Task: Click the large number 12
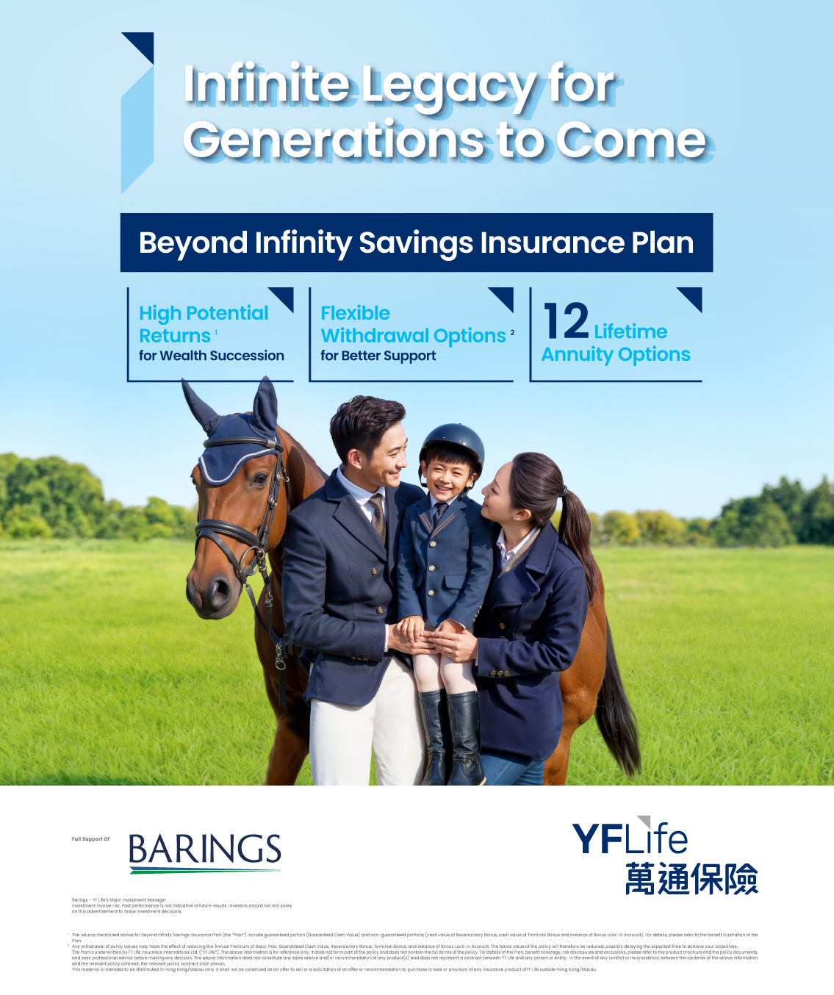[567, 322]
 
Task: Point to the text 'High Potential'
[204, 313]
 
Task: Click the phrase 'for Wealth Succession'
[212, 356]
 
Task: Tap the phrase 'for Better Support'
[378, 356]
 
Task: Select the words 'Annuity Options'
[616, 355]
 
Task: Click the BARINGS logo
[205, 851]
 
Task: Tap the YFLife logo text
[630, 839]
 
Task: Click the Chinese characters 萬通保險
[691, 879]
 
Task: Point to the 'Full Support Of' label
[90, 839]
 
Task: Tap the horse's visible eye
[259, 478]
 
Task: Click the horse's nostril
[218, 587]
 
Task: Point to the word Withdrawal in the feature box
[374, 336]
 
